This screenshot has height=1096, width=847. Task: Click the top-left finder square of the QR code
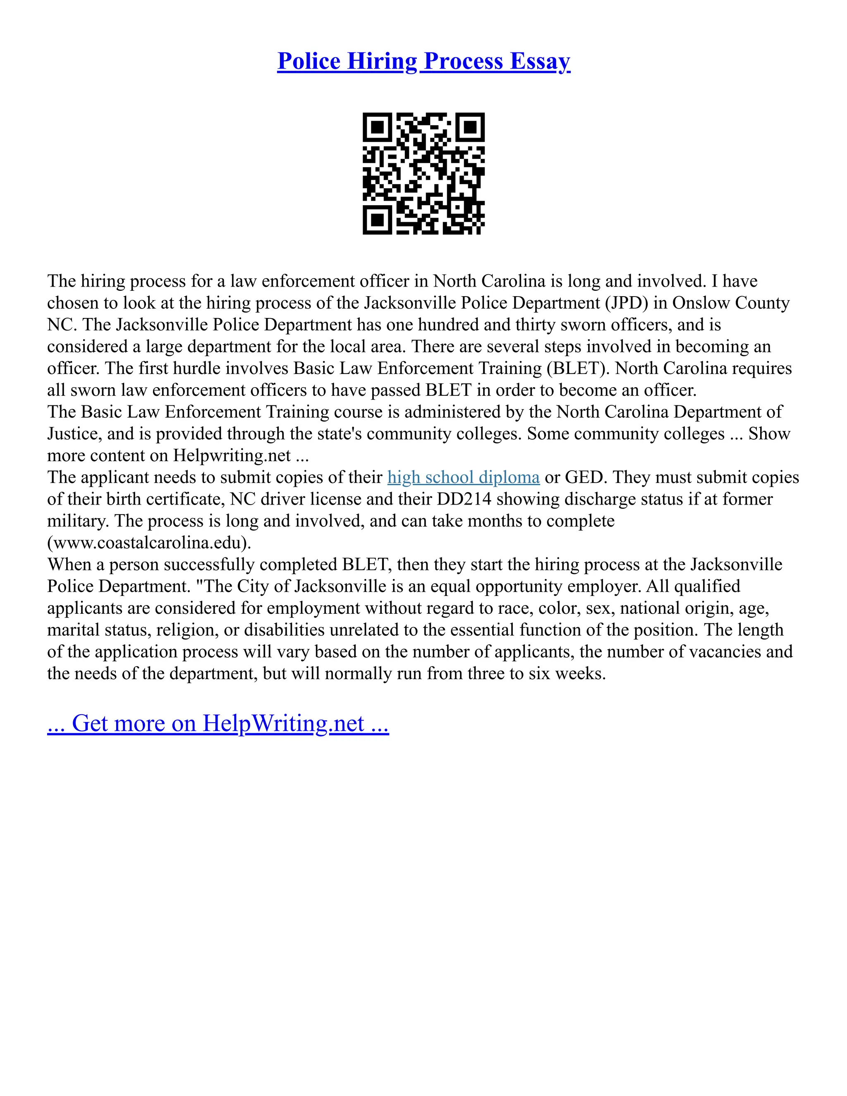point(377,127)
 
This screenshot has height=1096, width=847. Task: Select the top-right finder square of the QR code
point(470,127)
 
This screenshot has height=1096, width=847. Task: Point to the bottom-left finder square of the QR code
point(377,220)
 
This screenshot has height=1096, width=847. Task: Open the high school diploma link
point(463,477)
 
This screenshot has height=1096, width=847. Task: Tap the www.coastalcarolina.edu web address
point(149,543)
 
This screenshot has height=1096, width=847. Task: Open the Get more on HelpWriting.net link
point(218,724)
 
